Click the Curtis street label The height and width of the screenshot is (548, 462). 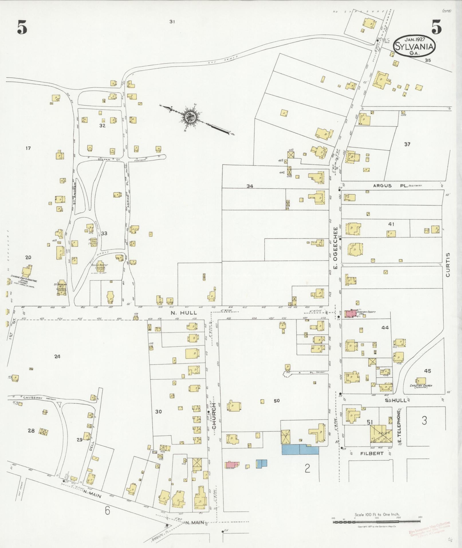(448, 264)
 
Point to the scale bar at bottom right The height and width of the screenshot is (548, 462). (377, 522)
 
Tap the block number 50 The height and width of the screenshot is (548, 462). (276, 401)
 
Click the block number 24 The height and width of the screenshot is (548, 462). (57, 356)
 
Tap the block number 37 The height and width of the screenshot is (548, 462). (407, 144)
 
